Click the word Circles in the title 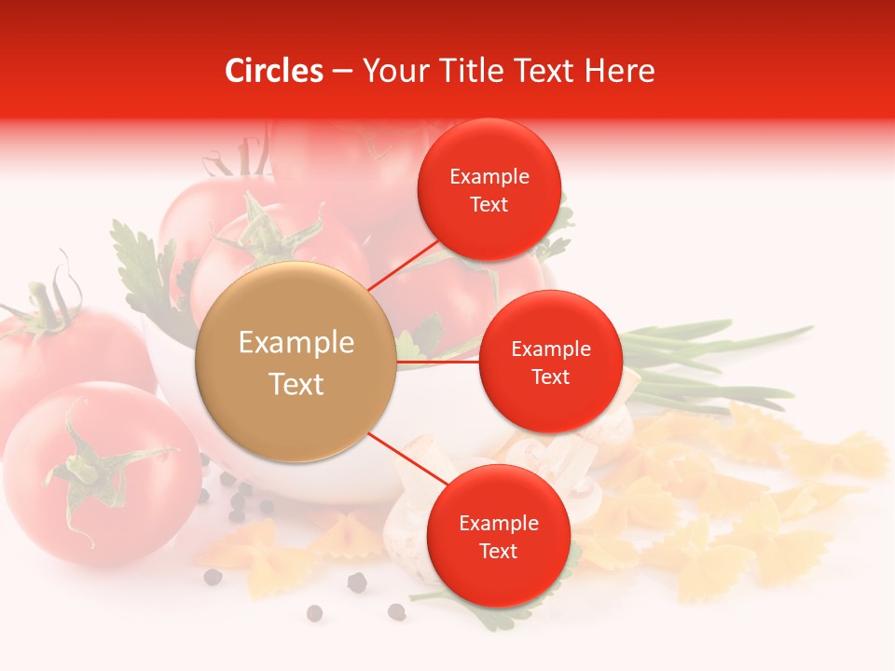pyautogui.click(x=274, y=71)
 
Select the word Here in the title pyautogui.click(x=619, y=71)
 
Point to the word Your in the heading pyautogui.click(x=393, y=72)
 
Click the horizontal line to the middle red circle pyautogui.click(x=438, y=362)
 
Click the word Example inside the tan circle pyautogui.click(x=296, y=343)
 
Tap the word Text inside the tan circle pyautogui.click(x=296, y=384)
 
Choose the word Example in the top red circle pyautogui.click(x=489, y=177)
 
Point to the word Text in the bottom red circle pyautogui.click(x=498, y=552)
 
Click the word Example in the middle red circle pyautogui.click(x=550, y=349)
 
